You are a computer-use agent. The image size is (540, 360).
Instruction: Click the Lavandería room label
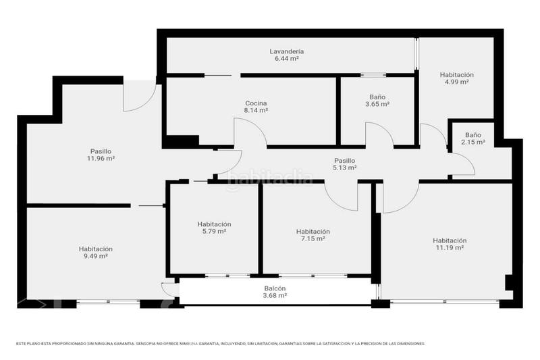286,51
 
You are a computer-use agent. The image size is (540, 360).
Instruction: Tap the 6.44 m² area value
286,59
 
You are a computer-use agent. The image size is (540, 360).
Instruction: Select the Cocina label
256,103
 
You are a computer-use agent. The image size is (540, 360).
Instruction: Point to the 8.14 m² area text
256,110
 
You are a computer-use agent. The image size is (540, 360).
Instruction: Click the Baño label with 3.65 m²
377,97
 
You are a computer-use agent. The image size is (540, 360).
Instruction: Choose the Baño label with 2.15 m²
473,134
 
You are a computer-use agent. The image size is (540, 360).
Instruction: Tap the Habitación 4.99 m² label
456,74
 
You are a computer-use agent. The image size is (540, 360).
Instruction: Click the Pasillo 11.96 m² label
101,151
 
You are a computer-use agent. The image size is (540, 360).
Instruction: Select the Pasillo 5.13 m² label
344,160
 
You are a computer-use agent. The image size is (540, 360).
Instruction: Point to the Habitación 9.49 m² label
95,249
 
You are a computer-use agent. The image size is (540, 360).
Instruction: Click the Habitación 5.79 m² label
214,224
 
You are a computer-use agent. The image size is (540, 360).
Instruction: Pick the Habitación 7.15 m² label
313,231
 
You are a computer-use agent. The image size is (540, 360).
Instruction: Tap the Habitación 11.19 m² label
450,240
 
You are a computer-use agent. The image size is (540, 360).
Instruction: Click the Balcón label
274,288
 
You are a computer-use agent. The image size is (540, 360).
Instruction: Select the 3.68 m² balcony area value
274,295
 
